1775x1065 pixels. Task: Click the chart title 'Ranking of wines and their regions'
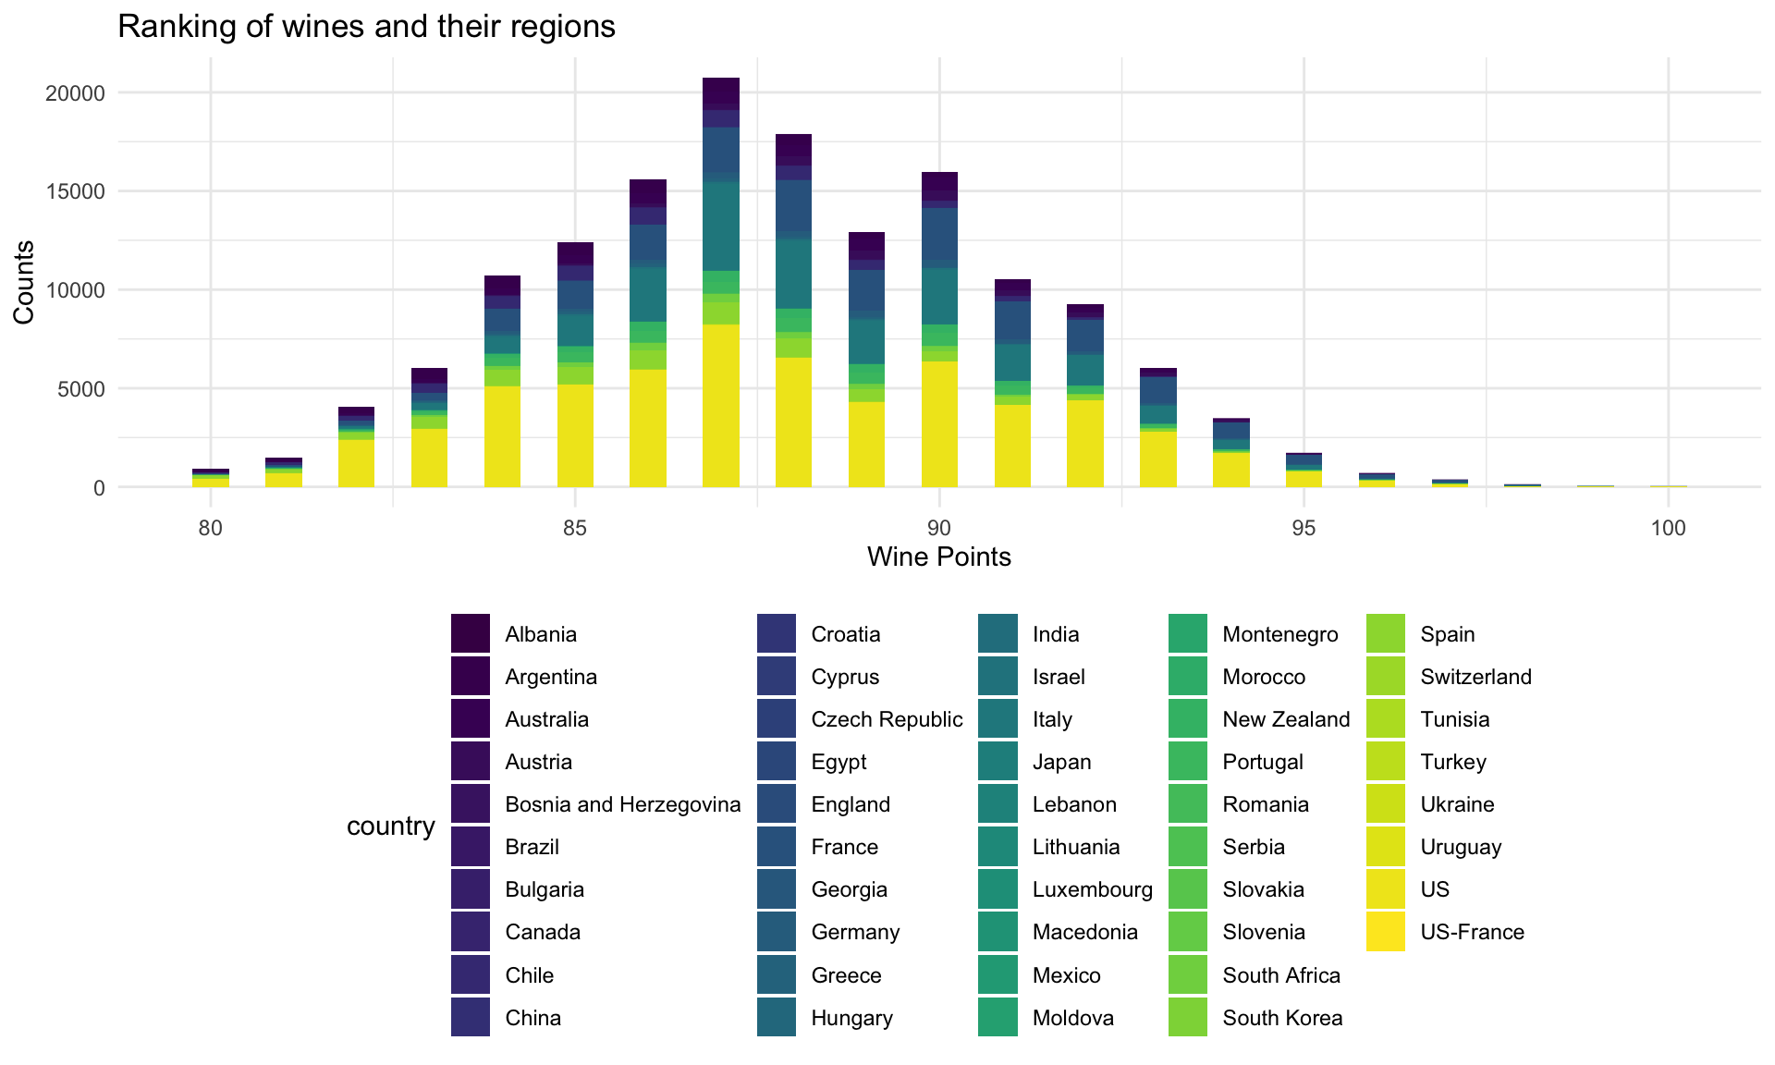[366, 27]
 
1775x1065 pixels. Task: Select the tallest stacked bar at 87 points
[721, 282]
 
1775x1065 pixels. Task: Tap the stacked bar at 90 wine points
[939, 329]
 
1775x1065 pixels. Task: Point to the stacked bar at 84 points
[502, 381]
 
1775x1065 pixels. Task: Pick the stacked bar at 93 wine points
[1157, 427]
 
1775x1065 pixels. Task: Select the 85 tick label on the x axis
[575, 529]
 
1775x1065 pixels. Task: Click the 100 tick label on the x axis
[1668, 529]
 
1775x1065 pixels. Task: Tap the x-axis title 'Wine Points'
[938, 557]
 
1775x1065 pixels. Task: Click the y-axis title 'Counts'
[24, 282]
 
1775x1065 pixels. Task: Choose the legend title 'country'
[390, 826]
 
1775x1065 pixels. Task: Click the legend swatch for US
[1385, 889]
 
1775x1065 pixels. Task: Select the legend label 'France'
[844, 847]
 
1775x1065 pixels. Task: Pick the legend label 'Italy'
[1052, 719]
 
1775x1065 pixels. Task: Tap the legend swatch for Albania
[471, 634]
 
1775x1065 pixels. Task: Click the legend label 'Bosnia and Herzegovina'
[622, 804]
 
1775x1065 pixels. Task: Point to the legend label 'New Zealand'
[1285, 719]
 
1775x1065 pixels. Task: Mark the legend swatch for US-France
[1385, 932]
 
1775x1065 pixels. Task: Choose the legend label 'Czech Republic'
[886, 719]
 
